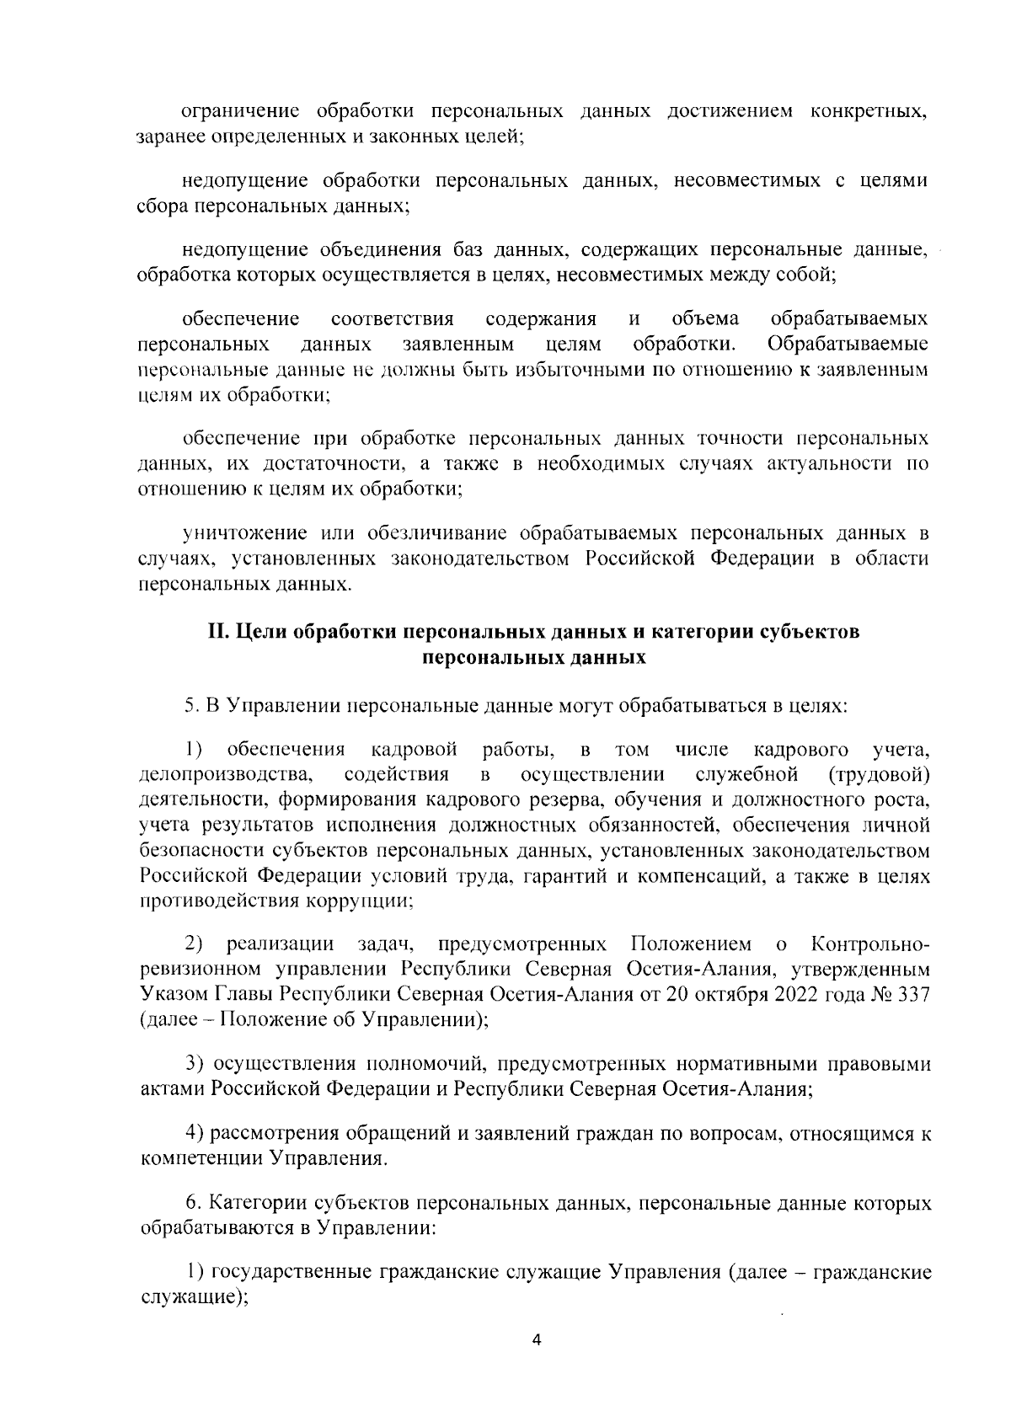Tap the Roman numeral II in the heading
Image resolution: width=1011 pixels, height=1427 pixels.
coord(218,633)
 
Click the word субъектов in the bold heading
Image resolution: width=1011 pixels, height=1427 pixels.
coord(808,633)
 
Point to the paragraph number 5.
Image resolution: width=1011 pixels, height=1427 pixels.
coord(190,705)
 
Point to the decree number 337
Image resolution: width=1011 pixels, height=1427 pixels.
coord(913,993)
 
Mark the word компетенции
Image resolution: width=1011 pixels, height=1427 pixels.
coord(201,1159)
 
